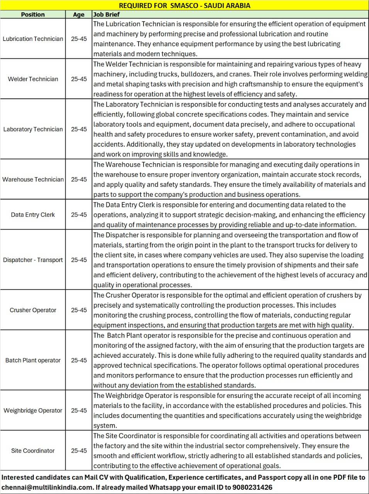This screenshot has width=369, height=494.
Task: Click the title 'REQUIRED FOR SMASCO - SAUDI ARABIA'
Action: tap(184, 5)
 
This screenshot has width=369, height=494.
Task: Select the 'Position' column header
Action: tap(33, 14)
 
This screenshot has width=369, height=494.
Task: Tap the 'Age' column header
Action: tap(79, 14)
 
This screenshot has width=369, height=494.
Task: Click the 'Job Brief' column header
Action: tap(107, 14)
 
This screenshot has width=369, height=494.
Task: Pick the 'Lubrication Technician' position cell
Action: tap(33, 39)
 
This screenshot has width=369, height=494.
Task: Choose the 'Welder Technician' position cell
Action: tap(33, 79)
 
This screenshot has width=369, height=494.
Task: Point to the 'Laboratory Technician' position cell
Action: tap(33, 129)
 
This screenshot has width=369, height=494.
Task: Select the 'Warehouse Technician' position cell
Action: tap(33, 179)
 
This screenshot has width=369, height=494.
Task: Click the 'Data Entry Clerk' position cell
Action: tap(33, 215)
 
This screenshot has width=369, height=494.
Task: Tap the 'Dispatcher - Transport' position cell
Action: tap(33, 260)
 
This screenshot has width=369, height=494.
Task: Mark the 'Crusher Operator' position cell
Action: tap(33, 310)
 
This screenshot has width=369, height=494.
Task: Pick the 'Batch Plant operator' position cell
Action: tap(33, 360)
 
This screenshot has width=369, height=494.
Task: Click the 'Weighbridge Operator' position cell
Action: tap(33, 410)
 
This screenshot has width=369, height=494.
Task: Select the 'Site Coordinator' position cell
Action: tap(33, 450)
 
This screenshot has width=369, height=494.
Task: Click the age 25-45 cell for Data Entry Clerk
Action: tap(79, 215)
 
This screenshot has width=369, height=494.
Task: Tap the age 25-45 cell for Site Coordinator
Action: tap(79, 450)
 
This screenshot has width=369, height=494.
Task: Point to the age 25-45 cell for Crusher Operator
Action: tap(79, 310)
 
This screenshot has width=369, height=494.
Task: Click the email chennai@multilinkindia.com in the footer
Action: tap(47, 487)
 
